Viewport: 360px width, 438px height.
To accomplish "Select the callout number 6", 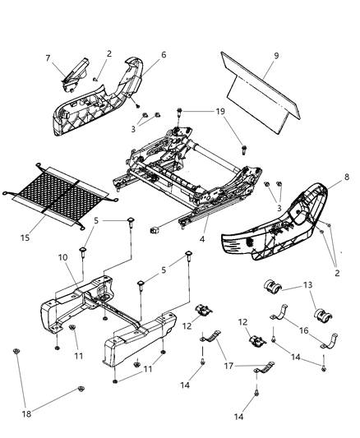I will click(164, 54).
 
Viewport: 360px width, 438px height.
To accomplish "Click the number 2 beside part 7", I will click(109, 53).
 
